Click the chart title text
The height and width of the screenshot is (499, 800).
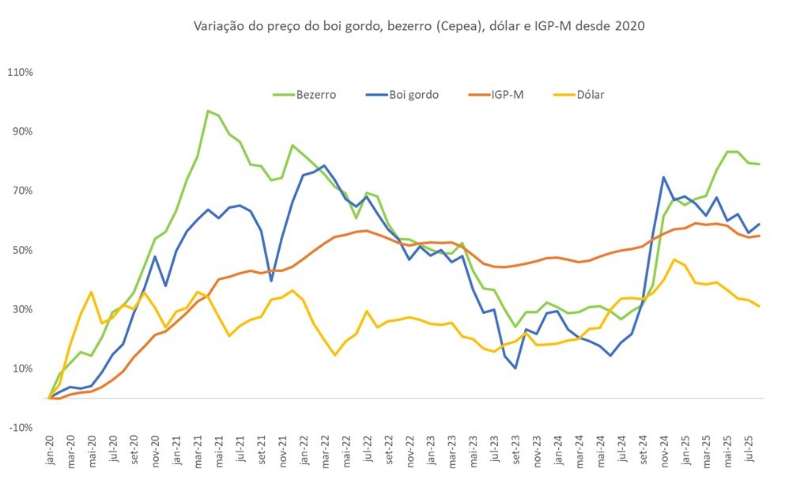[419, 26]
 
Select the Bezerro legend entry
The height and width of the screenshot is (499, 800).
[304, 95]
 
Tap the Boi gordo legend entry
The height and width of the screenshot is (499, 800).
[402, 95]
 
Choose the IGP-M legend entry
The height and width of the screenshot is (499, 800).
[496, 95]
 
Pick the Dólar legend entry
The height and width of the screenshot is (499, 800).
[579, 95]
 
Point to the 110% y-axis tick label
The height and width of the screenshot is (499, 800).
[21, 73]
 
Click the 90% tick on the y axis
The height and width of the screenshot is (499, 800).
[23, 131]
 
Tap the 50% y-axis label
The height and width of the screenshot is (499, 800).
[23, 250]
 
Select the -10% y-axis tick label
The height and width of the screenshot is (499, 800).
[21, 428]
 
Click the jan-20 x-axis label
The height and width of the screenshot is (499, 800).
[50, 451]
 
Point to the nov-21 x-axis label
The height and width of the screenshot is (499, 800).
[284, 451]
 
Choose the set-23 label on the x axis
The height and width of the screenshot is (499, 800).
[516, 451]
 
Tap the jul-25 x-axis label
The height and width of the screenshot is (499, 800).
[750, 449]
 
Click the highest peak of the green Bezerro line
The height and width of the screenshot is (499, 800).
[208, 111]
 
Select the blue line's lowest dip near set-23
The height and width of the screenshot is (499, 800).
[516, 368]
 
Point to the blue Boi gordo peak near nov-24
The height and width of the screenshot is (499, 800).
[663, 178]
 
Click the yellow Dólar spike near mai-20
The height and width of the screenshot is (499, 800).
[92, 292]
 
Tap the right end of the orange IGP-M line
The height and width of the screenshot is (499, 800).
[760, 235]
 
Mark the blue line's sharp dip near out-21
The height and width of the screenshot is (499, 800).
[271, 281]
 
